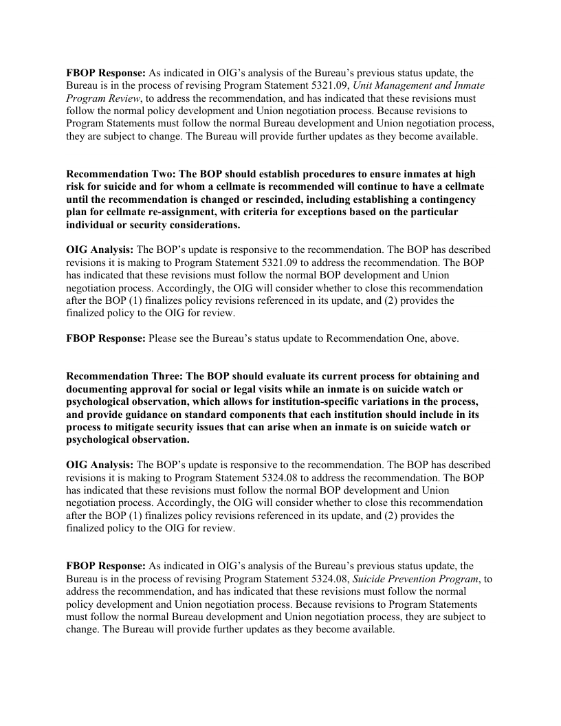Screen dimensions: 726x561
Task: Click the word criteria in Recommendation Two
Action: (x=267, y=211)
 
